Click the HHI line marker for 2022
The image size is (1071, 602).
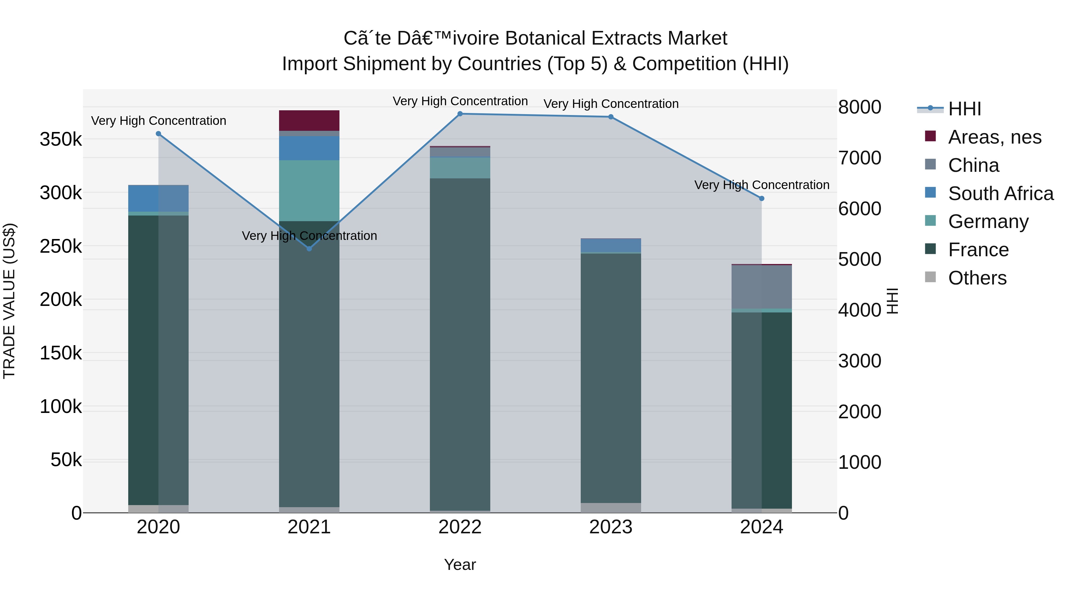click(x=460, y=114)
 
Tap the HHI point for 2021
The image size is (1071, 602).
click(x=309, y=249)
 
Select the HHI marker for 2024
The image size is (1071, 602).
click(x=762, y=199)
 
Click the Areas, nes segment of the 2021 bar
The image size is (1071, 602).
click(x=309, y=120)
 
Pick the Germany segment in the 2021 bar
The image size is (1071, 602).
click(x=309, y=190)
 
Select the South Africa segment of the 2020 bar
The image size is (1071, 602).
click(x=158, y=198)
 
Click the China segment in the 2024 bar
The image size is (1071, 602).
click(x=762, y=287)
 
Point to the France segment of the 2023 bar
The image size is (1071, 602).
click(x=611, y=378)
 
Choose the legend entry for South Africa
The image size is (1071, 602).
click(x=1000, y=194)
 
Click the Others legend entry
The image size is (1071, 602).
click(x=977, y=278)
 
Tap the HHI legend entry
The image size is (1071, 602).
click(x=964, y=109)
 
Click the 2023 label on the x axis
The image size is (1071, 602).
click(x=611, y=527)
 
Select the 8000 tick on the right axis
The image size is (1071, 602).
click(x=859, y=107)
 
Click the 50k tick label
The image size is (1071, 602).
click(x=66, y=460)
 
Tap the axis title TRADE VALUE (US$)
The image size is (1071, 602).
click(x=10, y=301)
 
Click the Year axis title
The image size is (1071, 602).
click(x=460, y=565)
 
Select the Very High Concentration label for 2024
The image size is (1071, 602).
click(x=762, y=185)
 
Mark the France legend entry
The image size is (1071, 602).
click(x=978, y=250)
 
